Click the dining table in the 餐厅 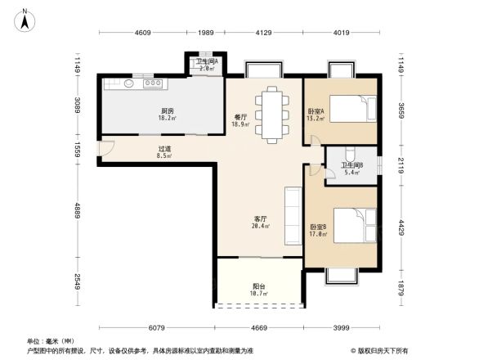point(271,115)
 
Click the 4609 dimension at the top point(143,32)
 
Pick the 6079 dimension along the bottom point(158,327)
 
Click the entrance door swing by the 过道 point(103,150)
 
